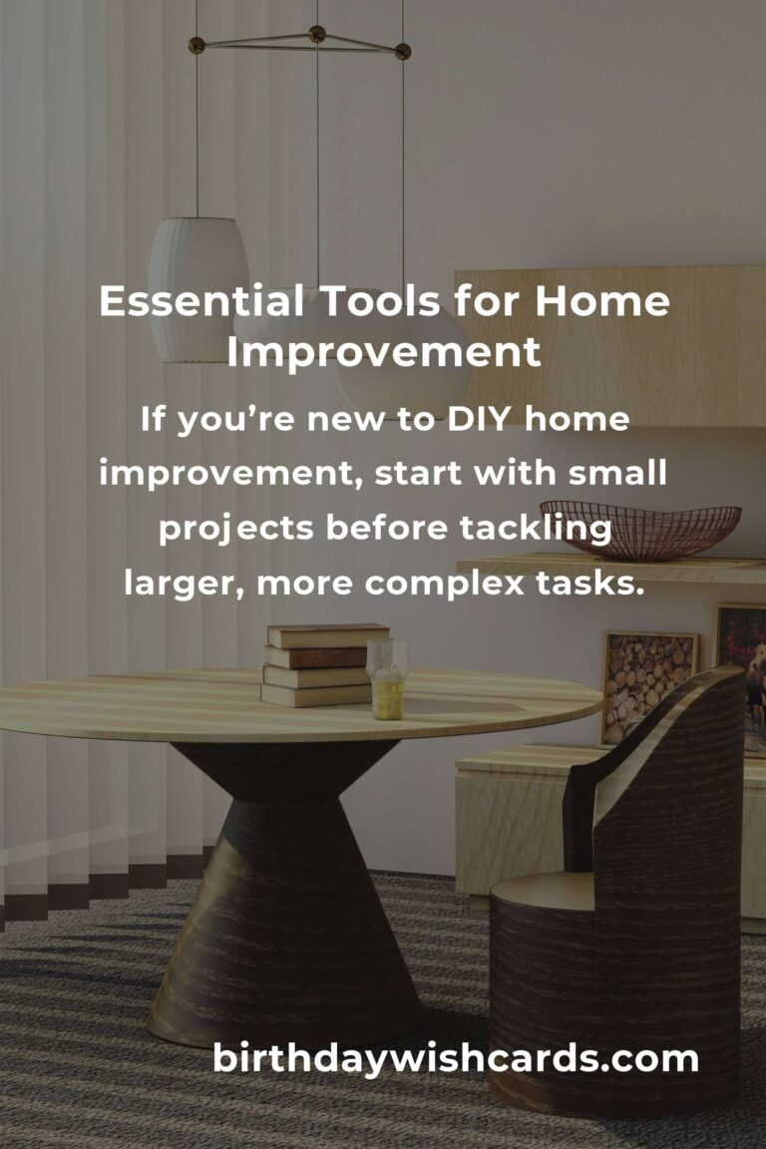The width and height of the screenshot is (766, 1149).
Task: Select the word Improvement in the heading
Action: point(384,352)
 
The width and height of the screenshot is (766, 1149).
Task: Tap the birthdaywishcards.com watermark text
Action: point(455,1058)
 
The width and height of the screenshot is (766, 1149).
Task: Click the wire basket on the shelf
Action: point(640,530)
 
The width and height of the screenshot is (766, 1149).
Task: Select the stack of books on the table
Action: point(325,665)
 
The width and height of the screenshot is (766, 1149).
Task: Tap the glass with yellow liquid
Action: point(387,680)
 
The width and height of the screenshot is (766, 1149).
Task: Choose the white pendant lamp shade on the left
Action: point(198,289)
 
